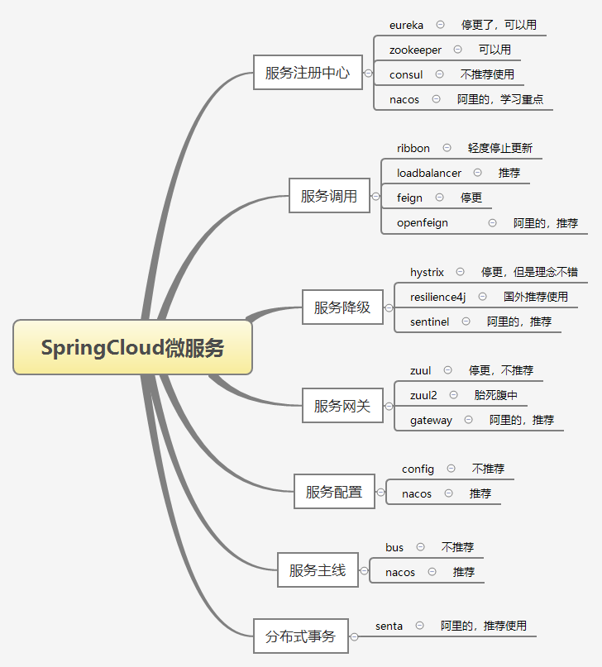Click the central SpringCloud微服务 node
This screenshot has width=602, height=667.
132,347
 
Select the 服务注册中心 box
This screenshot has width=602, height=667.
308,73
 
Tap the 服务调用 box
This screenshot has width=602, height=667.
329,197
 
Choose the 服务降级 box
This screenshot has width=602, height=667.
342,308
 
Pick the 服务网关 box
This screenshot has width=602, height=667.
342,406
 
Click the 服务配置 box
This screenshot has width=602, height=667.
334,492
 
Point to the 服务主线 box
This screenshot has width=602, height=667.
318,570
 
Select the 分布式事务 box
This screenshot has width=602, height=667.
301,636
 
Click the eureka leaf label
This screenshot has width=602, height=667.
406,25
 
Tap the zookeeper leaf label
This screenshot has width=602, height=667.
415,50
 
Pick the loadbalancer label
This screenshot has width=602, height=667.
429,173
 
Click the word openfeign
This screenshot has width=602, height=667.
422,222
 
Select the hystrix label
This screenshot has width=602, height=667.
427,272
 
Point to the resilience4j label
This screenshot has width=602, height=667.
438,297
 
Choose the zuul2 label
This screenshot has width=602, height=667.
423,395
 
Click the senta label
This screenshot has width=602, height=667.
389,626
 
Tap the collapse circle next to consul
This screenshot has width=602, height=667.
438,74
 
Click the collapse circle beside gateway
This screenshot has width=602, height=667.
469,420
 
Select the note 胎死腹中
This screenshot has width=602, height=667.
496,395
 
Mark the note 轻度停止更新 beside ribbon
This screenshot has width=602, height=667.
500,148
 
